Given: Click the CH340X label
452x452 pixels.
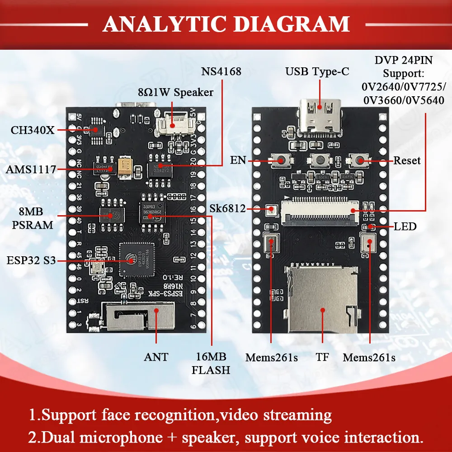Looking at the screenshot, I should click(33, 130).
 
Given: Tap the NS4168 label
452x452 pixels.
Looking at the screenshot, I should click(221, 71).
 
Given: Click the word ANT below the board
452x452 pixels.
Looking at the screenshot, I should click(156, 357).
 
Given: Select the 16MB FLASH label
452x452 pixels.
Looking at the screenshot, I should click(211, 363).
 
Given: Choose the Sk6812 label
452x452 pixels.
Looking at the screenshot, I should click(228, 209).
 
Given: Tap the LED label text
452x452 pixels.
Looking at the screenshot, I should click(405, 226).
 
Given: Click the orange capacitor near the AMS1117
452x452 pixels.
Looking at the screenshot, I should click(124, 166).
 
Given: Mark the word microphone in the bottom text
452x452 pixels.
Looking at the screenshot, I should click(116, 437).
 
